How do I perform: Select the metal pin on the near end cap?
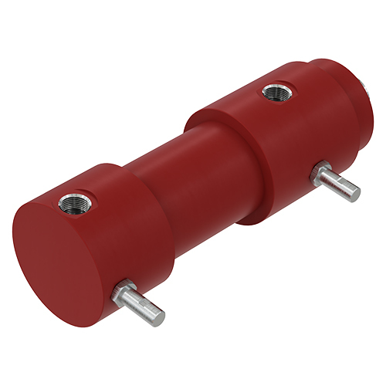click(x=139, y=302)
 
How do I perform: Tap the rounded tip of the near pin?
click(x=159, y=313)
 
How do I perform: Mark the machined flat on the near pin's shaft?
click(x=147, y=303)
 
